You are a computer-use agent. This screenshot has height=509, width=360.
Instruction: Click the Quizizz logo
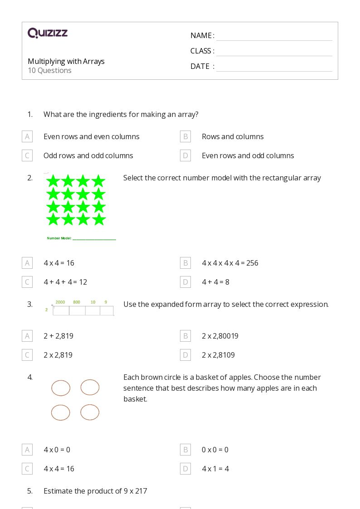pos(48,33)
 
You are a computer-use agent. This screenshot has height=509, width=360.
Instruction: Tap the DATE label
pos(200,66)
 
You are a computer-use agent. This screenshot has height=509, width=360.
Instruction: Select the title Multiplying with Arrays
pos(66,61)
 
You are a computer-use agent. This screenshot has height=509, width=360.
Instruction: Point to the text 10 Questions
pos(49,70)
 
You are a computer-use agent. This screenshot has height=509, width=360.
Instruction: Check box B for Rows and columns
pos(185,136)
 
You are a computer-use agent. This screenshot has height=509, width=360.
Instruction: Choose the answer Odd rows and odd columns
pos(88,155)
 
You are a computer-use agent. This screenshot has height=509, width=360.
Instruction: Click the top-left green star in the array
pos(53,181)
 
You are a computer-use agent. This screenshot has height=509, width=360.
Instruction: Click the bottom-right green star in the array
pos(98,219)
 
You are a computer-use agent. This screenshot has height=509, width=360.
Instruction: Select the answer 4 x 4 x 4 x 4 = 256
pos(230,263)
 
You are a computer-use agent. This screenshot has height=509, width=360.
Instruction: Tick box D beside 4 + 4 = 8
pos(185,282)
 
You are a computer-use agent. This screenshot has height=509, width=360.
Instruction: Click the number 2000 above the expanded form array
pos(60,302)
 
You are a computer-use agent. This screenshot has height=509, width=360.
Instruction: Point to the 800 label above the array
pos(77,302)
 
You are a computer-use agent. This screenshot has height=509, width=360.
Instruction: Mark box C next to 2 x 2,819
pos(27,355)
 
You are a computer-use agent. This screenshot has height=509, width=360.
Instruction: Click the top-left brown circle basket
pos(61,388)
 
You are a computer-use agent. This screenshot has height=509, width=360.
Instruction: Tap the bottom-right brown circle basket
pos(90,412)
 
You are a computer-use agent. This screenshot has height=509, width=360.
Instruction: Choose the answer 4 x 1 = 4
pos(215,469)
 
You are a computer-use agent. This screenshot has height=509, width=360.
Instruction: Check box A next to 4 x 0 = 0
pos(27,450)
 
